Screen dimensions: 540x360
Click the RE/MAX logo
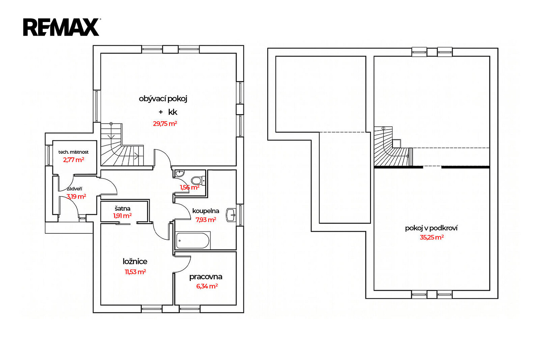tap(61, 27)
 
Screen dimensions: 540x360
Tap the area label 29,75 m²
tap(165, 124)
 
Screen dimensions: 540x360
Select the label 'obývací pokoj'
tap(163, 99)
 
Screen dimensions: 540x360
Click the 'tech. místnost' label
tap(73, 152)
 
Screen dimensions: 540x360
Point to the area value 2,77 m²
tap(73, 160)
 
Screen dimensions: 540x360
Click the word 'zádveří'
tap(74, 189)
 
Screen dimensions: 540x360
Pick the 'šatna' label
tap(122, 208)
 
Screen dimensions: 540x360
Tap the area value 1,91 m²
tap(122, 216)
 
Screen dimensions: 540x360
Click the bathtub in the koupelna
tap(192, 240)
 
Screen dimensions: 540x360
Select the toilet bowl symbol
tap(197, 180)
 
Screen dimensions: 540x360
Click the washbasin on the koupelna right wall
tap(231, 215)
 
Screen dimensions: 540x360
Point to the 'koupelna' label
tap(206, 211)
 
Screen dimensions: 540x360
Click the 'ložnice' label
tap(135, 261)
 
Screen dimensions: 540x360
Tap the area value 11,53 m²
tap(135, 272)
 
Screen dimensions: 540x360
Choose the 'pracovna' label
tap(206, 277)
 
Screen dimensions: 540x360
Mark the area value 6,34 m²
tap(207, 286)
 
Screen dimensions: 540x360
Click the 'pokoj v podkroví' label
tap(431, 228)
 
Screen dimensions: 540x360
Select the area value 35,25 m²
tap(432, 237)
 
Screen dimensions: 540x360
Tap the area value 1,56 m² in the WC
tap(190, 187)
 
